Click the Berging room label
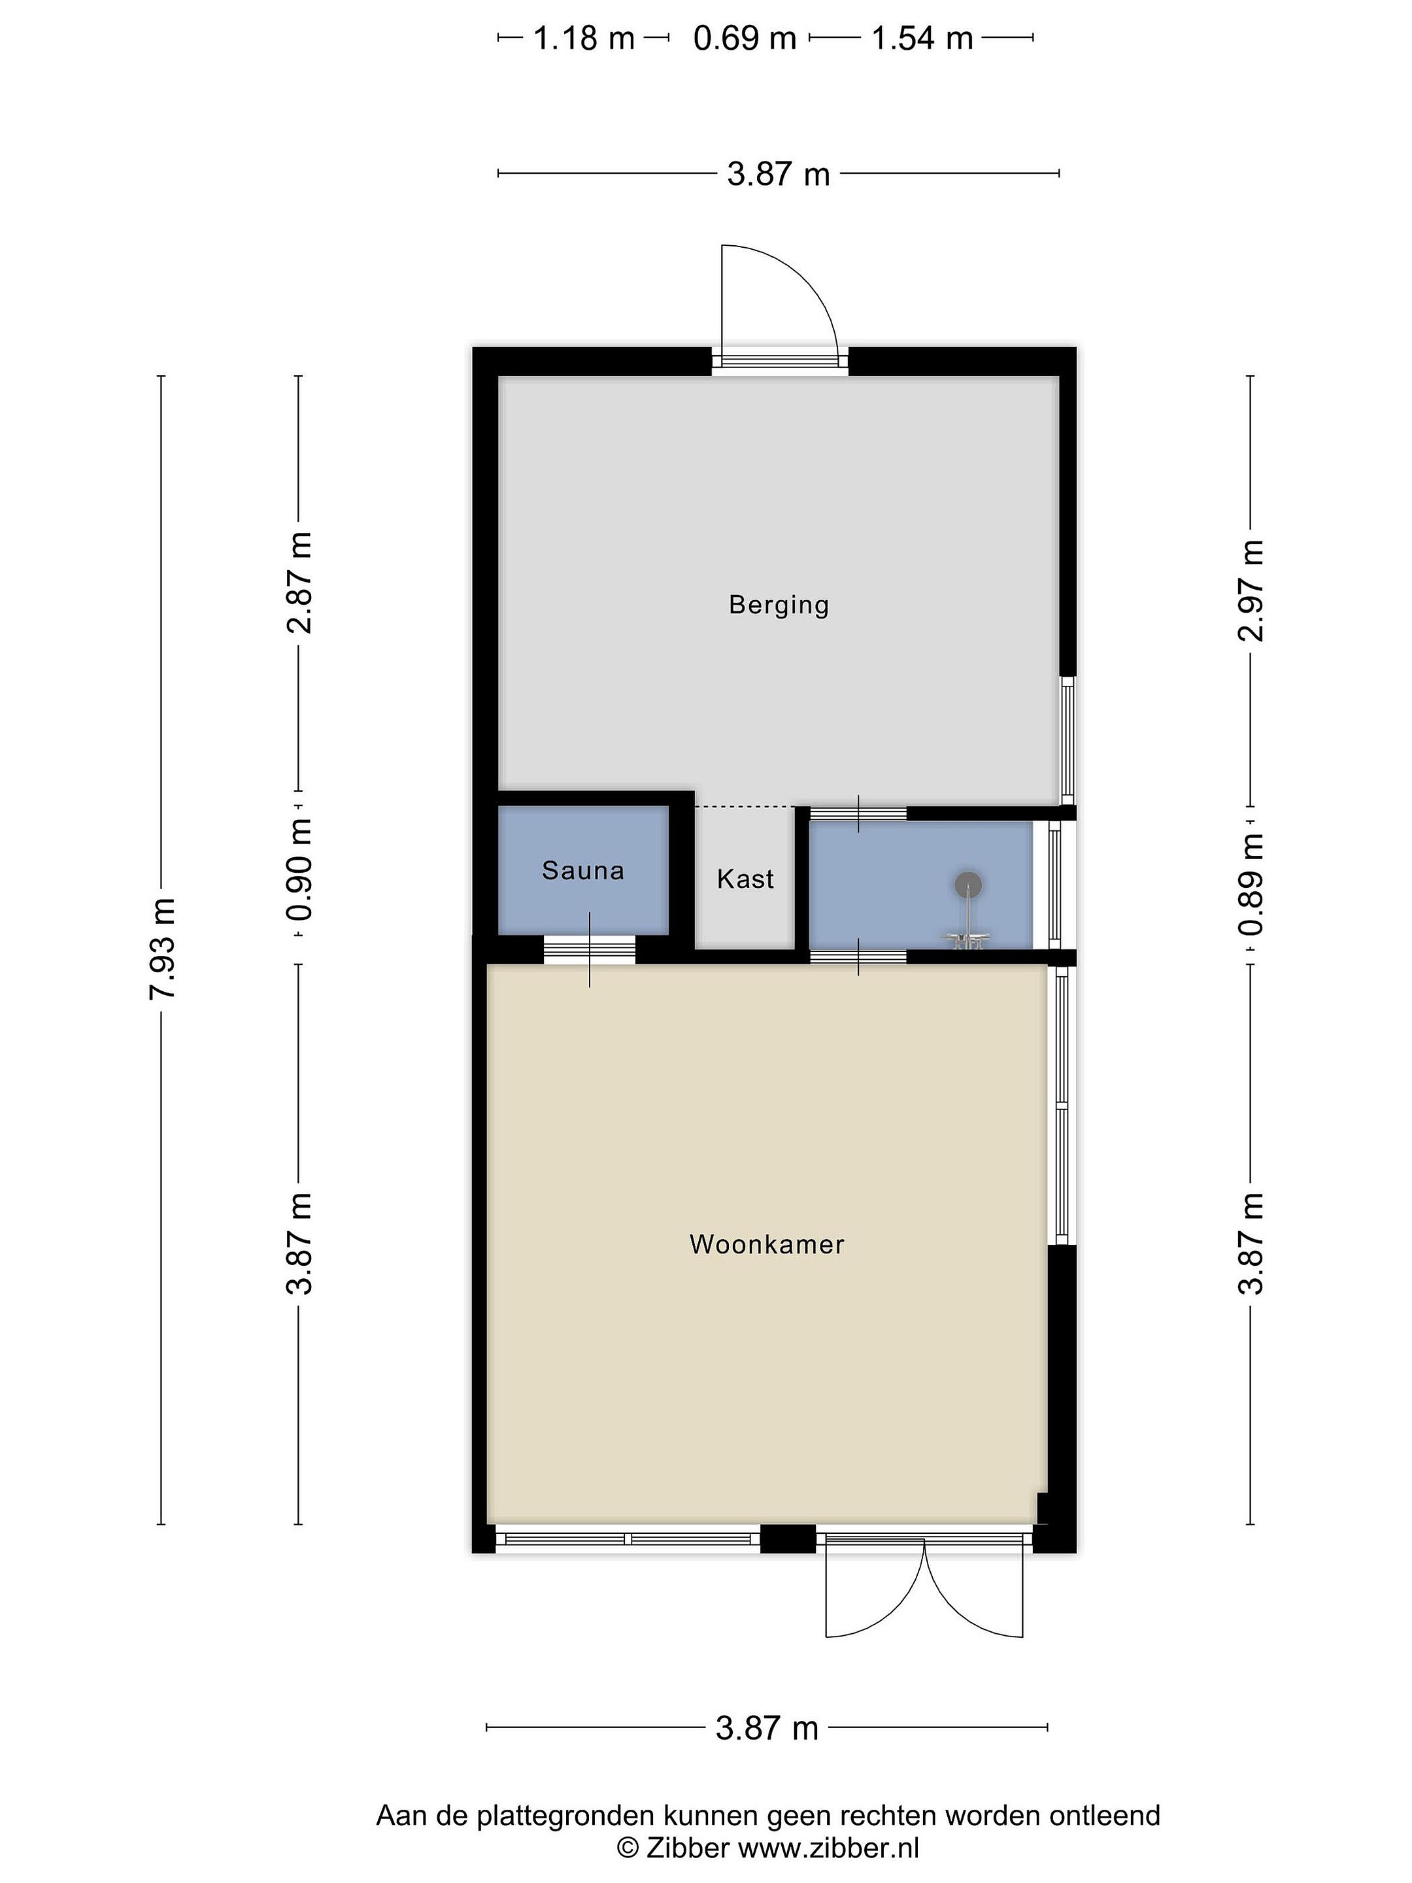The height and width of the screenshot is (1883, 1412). pos(778,605)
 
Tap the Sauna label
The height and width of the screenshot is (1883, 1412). pos(583,870)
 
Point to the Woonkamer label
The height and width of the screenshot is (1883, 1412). pos(767,1245)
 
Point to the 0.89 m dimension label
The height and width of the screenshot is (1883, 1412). pos(1251,885)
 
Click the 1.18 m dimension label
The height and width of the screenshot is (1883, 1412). pos(584,39)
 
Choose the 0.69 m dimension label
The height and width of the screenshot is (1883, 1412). pos(745,39)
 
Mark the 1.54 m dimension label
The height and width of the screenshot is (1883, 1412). pos(922,39)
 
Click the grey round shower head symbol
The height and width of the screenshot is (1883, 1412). pos(967,885)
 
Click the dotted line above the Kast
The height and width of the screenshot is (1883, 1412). pos(746,806)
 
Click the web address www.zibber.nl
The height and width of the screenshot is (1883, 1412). pos(828,1847)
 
